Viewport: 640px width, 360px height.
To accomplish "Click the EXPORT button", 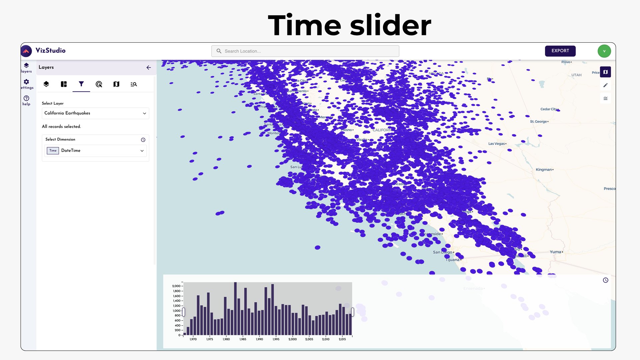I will [x=560, y=51].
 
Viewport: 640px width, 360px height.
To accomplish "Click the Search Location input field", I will [x=305, y=51].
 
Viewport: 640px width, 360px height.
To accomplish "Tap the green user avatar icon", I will [x=604, y=51].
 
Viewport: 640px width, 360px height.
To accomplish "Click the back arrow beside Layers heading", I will [x=149, y=67].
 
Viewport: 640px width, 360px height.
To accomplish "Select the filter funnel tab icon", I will [x=81, y=84].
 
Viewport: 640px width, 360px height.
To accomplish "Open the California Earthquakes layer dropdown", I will [x=95, y=113].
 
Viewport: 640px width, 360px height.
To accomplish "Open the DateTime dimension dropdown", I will [x=95, y=151].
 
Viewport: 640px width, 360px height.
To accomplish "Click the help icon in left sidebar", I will [x=26, y=98].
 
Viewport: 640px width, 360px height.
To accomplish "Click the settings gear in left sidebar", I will [x=26, y=82].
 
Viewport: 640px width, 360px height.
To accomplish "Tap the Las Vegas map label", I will [x=496, y=144].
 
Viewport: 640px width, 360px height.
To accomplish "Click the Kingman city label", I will [x=544, y=170].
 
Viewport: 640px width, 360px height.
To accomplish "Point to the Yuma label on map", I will [x=555, y=252].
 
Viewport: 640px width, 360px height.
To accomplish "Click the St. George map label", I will [x=538, y=122].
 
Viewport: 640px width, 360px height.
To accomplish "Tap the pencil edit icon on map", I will [x=605, y=85].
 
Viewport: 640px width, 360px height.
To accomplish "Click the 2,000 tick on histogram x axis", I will [x=292, y=339].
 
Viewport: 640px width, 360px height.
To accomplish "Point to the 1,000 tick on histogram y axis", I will [x=176, y=311].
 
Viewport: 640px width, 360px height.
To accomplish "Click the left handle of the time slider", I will [x=183, y=312].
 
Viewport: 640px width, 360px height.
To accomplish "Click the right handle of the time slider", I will [x=352, y=312].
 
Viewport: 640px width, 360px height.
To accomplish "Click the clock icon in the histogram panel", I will [x=605, y=280].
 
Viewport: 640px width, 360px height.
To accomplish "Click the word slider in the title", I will [x=390, y=25].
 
